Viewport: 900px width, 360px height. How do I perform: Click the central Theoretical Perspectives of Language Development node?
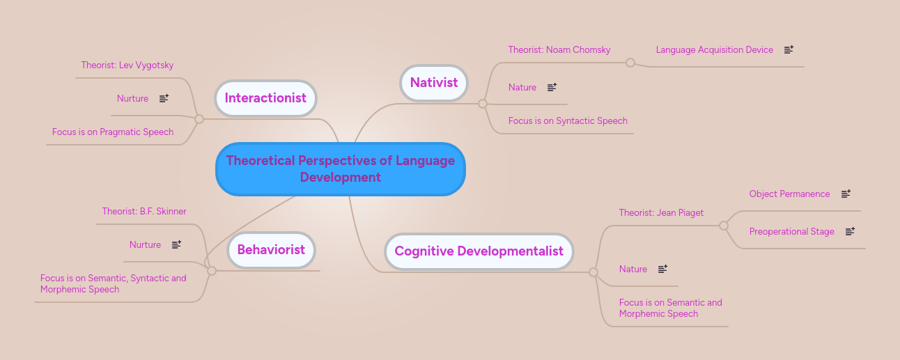click(340, 169)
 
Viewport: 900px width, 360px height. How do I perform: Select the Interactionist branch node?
click(265, 98)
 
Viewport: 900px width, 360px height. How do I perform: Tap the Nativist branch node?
click(433, 82)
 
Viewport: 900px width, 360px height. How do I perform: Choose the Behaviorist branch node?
click(271, 249)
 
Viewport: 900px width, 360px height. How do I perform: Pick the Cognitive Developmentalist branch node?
click(479, 251)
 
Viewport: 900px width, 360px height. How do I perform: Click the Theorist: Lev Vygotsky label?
click(127, 65)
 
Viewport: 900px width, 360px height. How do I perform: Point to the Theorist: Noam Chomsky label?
click(559, 50)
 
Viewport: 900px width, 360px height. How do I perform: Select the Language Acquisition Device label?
click(714, 50)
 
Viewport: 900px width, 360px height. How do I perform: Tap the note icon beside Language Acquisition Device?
click(789, 50)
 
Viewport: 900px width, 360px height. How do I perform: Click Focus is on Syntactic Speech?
click(568, 121)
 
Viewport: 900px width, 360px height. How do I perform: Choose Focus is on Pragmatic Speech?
click(113, 132)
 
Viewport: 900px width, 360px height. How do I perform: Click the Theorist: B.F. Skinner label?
click(144, 212)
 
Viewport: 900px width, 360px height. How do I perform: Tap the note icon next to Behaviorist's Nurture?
click(176, 245)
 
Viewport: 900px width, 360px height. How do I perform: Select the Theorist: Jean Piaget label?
click(661, 213)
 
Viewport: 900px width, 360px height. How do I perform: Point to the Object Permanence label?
click(789, 194)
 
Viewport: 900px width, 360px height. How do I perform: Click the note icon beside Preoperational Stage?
click(849, 232)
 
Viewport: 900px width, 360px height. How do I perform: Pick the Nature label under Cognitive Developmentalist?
click(633, 269)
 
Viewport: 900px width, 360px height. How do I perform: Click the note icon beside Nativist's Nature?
click(552, 88)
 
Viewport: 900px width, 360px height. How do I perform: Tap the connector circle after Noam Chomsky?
click(630, 63)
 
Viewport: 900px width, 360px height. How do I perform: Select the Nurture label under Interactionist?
click(132, 99)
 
